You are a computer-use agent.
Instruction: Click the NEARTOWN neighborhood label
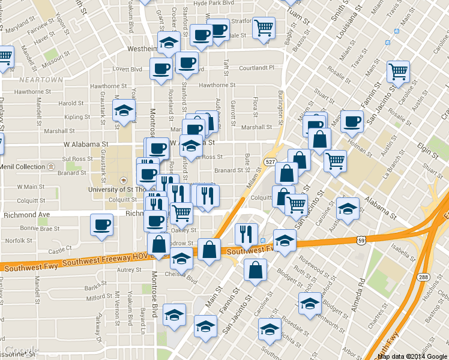pos(41,80)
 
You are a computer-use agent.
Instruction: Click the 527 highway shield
pos(270,162)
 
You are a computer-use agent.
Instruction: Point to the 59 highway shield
pos(361,224)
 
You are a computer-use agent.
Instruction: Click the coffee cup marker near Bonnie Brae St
pos(101,225)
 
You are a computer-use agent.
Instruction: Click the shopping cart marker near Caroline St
pos(399,71)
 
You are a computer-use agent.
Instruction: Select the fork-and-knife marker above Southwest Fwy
pos(246,234)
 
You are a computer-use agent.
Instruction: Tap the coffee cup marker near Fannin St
pos(352,121)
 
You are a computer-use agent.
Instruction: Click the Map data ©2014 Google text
pos(412,356)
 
